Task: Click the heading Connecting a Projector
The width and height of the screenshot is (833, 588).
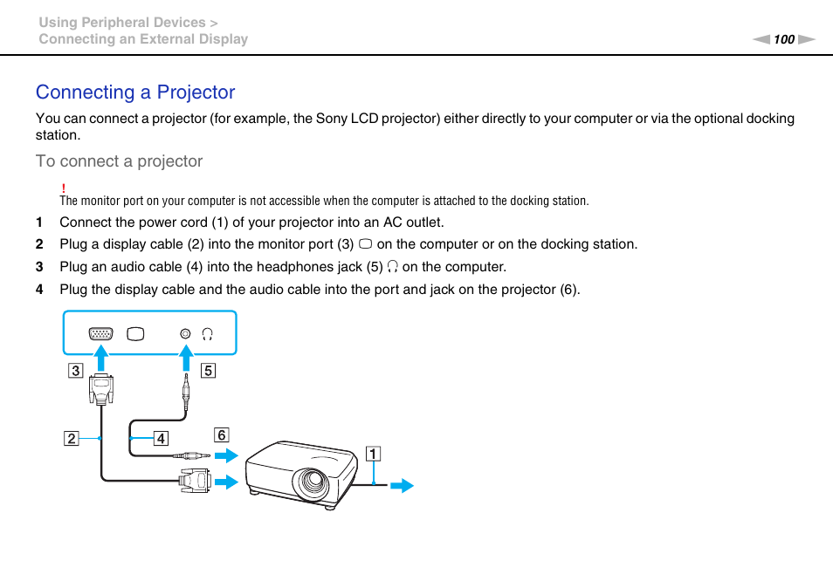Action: [135, 92]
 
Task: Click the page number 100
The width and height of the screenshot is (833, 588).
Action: [784, 39]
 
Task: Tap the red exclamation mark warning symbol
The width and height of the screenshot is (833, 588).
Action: [64, 188]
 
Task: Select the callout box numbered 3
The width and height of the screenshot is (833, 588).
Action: [76, 371]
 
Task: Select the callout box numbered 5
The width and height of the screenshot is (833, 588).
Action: [208, 371]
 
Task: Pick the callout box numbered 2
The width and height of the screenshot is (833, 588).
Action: [70, 438]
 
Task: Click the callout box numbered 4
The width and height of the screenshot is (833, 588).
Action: [161, 438]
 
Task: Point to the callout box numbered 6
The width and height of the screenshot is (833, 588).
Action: [222, 434]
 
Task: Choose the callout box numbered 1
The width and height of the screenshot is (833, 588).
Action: [373, 453]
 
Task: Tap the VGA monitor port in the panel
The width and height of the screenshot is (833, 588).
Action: [101, 334]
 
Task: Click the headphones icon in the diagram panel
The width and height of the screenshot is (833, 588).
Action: [207, 334]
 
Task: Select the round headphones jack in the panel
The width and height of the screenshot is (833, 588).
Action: [184, 334]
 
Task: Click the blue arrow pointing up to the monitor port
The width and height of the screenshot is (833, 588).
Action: [101, 358]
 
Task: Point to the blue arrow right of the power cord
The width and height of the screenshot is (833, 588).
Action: [402, 486]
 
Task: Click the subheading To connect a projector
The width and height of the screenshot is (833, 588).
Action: [119, 161]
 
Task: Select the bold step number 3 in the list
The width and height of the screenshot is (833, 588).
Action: [38, 267]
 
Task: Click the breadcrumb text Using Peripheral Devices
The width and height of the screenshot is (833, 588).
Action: [121, 23]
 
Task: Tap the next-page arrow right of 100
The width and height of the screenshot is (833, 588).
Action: [806, 39]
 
